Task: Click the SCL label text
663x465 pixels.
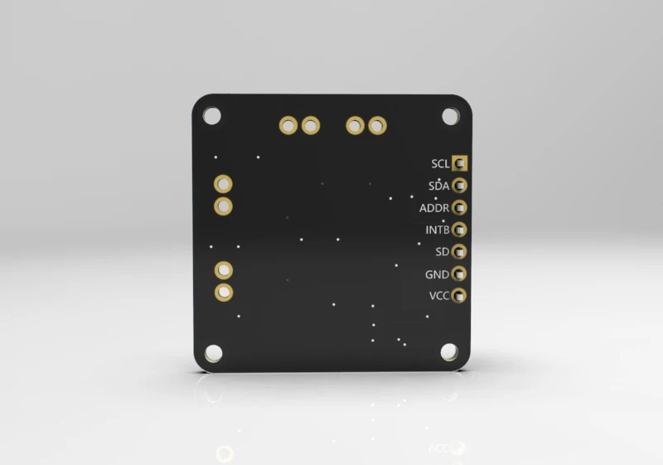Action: (440, 164)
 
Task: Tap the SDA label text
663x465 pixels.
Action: (439, 186)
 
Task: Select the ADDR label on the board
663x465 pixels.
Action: (434, 208)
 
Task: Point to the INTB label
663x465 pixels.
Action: (437, 230)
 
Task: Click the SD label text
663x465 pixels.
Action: (442, 251)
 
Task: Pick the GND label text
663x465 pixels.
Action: (437, 274)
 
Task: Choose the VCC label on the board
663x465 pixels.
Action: (438, 295)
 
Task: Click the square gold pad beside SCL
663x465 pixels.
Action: (460, 164)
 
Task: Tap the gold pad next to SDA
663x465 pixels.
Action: (460, 186)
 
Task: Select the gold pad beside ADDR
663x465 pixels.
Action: (460, 207)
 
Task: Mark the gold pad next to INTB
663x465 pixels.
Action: (460, 230)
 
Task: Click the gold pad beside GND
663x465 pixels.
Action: (460, 273)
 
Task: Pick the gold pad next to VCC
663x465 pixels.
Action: (460, 295)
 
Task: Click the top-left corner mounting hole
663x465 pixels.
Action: (213, 116)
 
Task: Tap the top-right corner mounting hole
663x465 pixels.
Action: (450, 116)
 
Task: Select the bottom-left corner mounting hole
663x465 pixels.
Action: (214, 353)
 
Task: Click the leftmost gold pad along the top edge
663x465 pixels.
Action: (288, 125)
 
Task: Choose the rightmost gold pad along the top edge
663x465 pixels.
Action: (378, 125)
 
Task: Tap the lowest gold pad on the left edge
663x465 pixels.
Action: (224, 292)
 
